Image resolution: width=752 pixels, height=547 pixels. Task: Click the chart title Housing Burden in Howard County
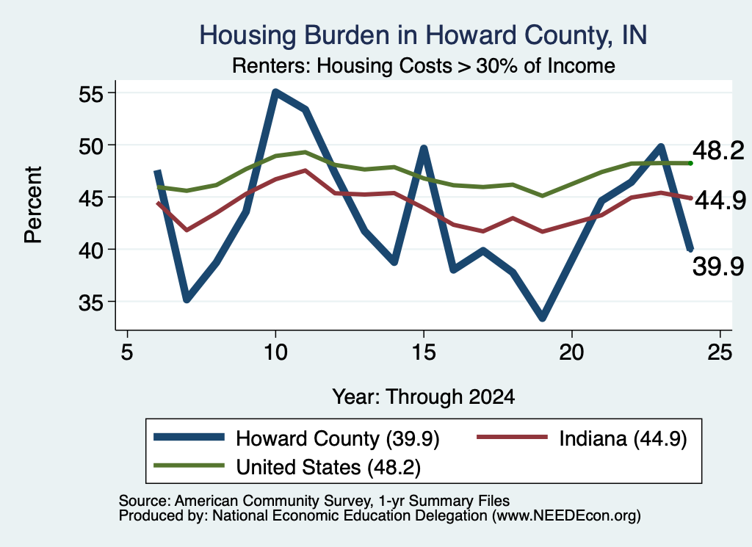(x=423, y=35)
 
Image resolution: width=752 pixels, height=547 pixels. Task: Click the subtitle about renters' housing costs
(x=424, y=65)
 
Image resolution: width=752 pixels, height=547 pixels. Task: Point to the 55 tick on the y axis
(x=90, y=94)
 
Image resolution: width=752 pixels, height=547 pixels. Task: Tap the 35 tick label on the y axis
(x=90, y=303)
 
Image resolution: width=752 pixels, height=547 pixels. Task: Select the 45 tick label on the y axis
(x=90, y=198)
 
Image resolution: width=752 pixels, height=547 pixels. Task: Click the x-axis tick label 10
(x=275, y=352)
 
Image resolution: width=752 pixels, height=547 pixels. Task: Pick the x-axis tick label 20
(x=571, y=352)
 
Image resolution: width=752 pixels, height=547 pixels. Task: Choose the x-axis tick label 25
(x=720, y=352)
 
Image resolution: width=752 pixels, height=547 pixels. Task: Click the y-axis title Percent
(x=33, y=205)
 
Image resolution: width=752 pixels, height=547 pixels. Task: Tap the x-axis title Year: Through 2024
(x=424, y=397)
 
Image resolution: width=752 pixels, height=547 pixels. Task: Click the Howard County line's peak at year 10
(x=275, y=92)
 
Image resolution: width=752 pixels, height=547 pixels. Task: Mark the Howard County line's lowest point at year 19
(x=543, y=318)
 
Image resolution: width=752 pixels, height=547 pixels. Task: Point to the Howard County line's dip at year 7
(x=187, y=299)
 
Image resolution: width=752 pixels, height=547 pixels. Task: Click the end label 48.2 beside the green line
(x=718, y=151)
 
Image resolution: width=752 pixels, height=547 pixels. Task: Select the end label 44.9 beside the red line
(x=720, y=200)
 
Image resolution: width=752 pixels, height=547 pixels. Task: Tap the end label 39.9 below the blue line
(x=718, y=266)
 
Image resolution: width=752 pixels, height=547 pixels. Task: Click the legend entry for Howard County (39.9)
(x=297, y=438)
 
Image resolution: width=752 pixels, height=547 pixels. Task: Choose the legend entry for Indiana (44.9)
(x=582, y=438)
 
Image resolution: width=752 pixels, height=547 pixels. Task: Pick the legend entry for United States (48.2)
(x=287, y=467)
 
